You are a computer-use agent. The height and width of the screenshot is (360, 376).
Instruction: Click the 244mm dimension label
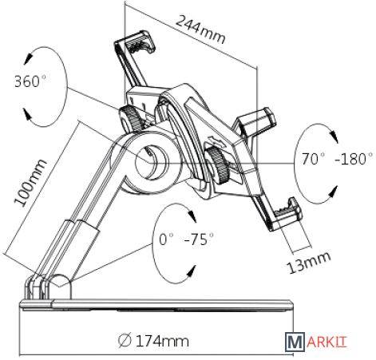point(200,30)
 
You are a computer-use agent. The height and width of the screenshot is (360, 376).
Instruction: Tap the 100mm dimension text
point(30,183)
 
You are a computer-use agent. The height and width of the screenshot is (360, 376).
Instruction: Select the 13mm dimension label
point(309,263)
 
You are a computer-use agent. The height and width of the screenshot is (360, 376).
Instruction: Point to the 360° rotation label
point(30,81)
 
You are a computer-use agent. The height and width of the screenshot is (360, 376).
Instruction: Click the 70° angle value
point(313,159)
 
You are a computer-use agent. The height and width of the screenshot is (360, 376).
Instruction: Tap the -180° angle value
point(354,159)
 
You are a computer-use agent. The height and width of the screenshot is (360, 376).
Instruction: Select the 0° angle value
point(166,239)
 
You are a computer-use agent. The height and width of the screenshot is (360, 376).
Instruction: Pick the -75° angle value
point(199,239)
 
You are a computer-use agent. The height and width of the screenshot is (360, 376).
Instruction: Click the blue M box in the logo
point(295,342)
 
